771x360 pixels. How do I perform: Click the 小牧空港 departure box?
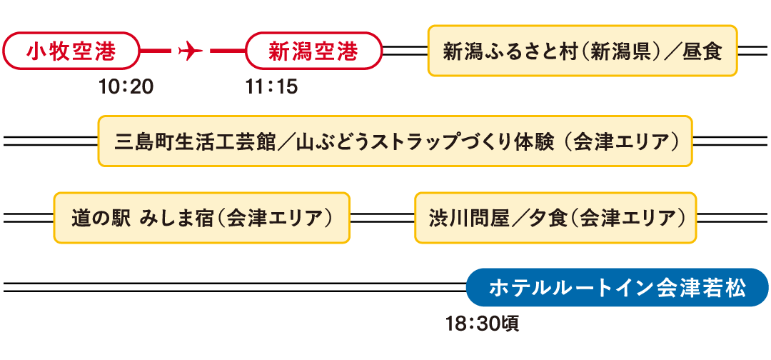(71, 51)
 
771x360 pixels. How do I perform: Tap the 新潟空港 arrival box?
(313, 51)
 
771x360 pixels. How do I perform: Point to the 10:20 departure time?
(126, 87)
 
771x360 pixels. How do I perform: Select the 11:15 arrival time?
(271, 87)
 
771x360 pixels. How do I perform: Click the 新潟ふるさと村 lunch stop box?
(582, 51)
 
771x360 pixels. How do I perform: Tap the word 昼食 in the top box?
(702, 51)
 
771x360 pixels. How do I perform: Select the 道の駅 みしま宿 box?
(201, 217)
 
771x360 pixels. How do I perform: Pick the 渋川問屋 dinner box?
(555, 217)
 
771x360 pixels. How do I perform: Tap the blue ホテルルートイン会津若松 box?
(617, 289)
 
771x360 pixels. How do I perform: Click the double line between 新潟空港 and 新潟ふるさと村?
(405, 51)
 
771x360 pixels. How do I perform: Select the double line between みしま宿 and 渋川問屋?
(382, 217)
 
